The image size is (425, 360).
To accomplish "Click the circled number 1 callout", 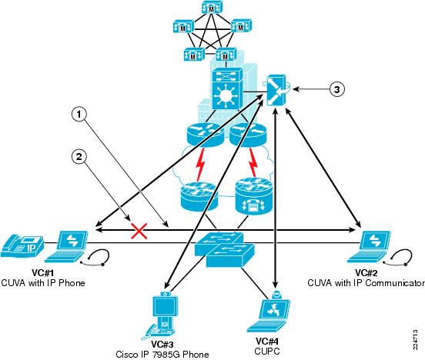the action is (79, 115).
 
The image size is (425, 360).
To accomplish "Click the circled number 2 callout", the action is (79, 157).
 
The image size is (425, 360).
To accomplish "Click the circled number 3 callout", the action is (337, 89).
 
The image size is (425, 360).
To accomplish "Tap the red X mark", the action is (139, 231).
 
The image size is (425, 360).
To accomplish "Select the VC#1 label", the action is (43, 272).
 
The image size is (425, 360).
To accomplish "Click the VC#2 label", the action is (366, 272).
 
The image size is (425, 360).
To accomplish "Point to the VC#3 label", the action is (162, 345).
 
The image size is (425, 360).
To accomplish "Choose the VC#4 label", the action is (267, 341).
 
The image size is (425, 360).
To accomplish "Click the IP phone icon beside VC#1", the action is (22, 246).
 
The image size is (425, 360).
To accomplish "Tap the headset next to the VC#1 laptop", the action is (95, 258).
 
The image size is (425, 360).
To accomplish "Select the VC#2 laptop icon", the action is (369, 246).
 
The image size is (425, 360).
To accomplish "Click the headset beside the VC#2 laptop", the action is (399, 258).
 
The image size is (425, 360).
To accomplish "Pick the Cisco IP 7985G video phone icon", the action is (162, 315).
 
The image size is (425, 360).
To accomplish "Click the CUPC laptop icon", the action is (269, 312).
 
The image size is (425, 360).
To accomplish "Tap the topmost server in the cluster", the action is (212, 8).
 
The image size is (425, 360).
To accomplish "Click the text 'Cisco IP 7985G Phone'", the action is (162, 355).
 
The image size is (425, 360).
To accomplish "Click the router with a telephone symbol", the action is (254, 195).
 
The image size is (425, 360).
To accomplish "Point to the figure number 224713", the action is (415, 340).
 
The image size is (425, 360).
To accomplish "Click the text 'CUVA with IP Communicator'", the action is (366, 283).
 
